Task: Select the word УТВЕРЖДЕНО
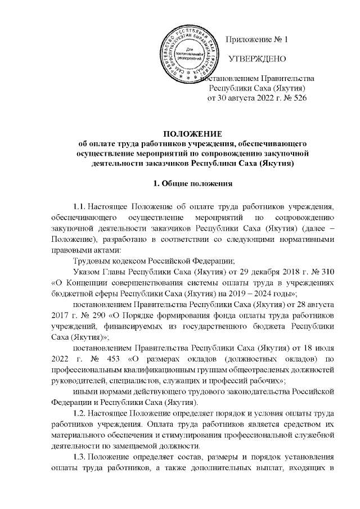click(x=258, y=59)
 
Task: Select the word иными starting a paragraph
click(x=85, y=387)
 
